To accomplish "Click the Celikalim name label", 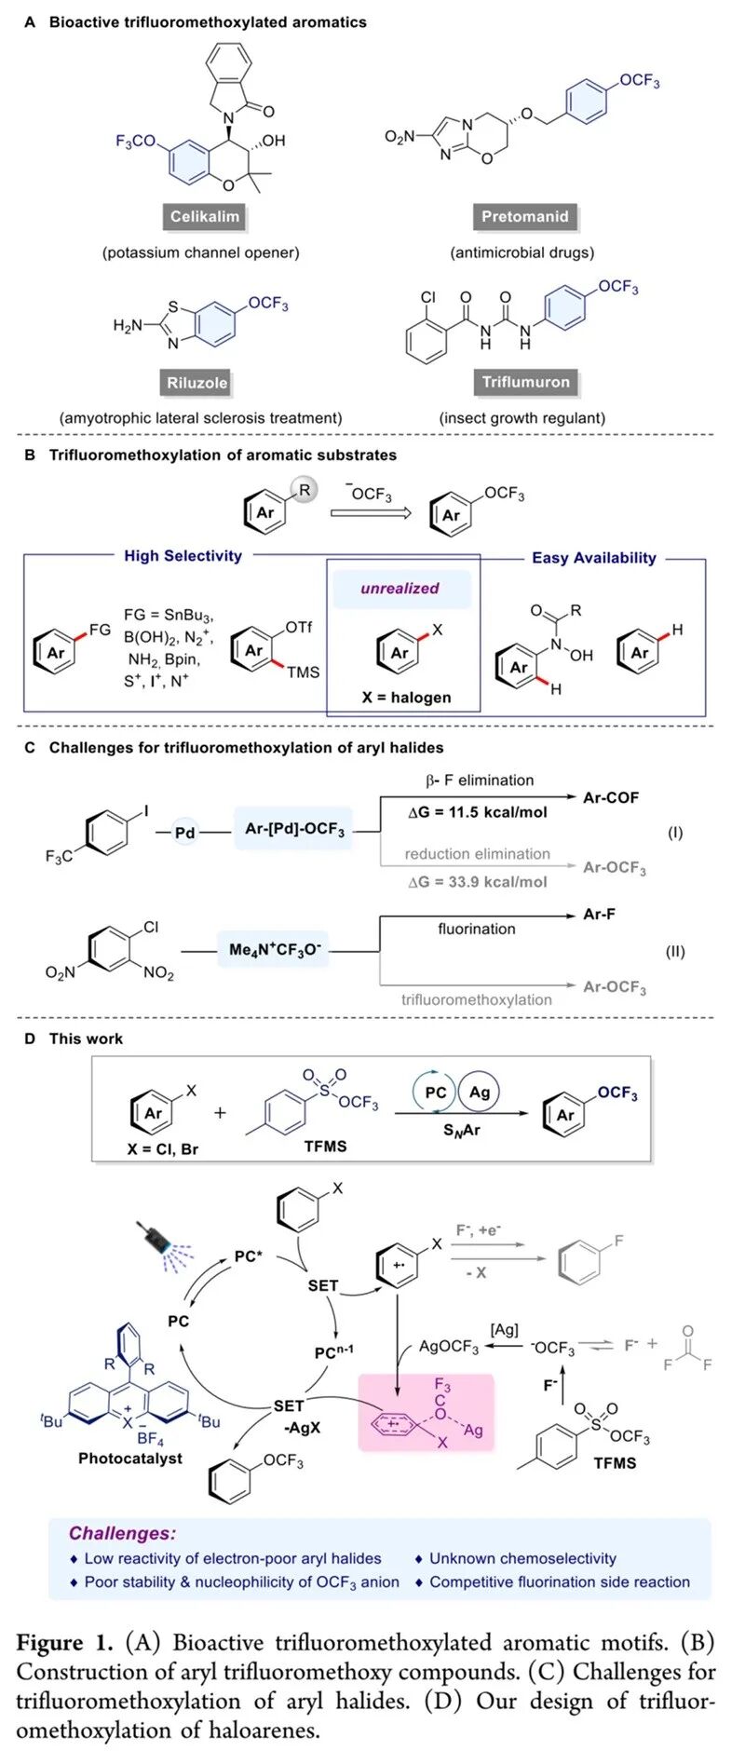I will pyautogui.click(x=205, y=217).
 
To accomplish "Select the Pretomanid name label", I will pyautogui.click(x=524, y=217).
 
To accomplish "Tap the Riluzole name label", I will pyautogui.click(x=196, y=383).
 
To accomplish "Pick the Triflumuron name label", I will pyautogui.click(x=525, y=382).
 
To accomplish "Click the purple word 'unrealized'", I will pyautogui.click(x=400, y=589).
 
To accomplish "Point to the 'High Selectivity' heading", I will pyautogui.click(x=183, y=556).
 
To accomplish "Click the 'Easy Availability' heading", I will pyautogui.click(x=593, y=558).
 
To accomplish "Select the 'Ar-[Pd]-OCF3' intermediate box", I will pyautogui.click(x=294, y=829).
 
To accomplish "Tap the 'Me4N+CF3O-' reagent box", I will pyautogui.click(x=275, y=950).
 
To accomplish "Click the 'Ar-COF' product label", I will pyautogui.click(x=610, y=798).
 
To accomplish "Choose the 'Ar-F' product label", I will pyautogui.click(x=599, y=915).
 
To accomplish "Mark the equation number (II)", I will pyautogui.click(x=675, y=952).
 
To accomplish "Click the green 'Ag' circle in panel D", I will pyautogui.click(x=480, y=1092).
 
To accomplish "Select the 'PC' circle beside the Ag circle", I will pyautogui.click(x=435, y=1093).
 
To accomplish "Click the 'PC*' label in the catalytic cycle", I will pyautogui.click(x=249, y=1257).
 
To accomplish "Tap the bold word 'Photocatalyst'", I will pyautogui.click(x=130, y=1459).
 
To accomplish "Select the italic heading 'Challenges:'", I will pyautogui.click(x=121, y=1533).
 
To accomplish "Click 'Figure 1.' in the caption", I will pyautogui.click(x=64, y=1642).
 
